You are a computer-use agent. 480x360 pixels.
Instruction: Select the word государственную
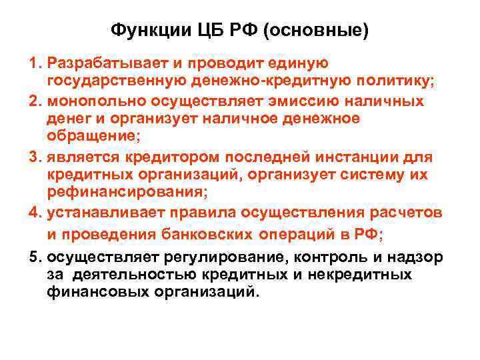(117, 81)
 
